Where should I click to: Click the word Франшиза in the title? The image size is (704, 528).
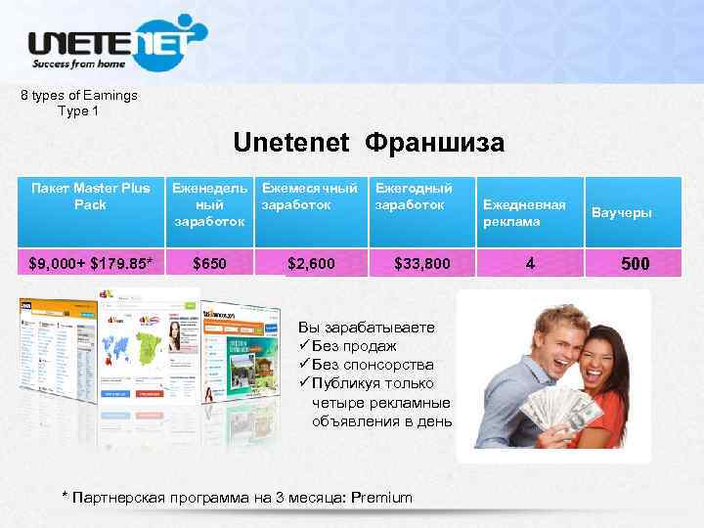click(435, 144)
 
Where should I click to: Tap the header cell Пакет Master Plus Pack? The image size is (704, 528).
click(89, 197)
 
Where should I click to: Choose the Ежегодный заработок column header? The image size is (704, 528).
click(415, 197)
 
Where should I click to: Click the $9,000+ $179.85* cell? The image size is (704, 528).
click(90, 262)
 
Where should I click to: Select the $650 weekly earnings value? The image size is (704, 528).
click(209, 262)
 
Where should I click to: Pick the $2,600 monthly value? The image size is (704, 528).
click(312, 262)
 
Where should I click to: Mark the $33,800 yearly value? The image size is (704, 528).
click(422, 262)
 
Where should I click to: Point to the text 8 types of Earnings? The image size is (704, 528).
click(79, 96)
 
